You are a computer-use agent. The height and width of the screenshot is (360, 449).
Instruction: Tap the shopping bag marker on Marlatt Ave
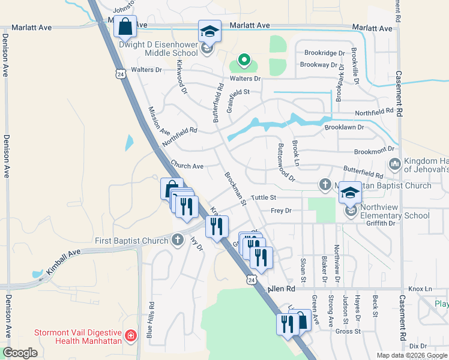(x=125, y=27)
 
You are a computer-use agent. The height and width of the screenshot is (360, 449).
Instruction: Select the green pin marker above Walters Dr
(x=244, y=60)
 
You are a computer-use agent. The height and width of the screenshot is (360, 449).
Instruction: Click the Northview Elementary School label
(x=396, y=211)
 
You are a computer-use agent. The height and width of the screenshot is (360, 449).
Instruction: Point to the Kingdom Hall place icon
(x=395, y=164)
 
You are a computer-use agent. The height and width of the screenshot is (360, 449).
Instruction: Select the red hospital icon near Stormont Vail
(x=131, y=335)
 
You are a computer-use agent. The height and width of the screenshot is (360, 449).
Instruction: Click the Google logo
(x=20, y=353)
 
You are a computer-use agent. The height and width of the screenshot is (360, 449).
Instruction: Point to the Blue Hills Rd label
(x=151, y=320)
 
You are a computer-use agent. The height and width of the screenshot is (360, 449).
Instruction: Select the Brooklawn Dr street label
(x=345, y=127)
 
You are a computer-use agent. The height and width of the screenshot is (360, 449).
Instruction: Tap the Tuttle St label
(x=264, y=197)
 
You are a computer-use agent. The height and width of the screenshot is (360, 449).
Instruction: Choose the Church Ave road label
(x=187, y=166)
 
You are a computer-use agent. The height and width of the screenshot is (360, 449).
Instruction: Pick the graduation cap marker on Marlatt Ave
(x=210, y=31)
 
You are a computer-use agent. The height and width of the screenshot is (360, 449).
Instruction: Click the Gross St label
(x=348, y=331)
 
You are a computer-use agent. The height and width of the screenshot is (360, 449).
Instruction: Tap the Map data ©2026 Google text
(x=412, y=355)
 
